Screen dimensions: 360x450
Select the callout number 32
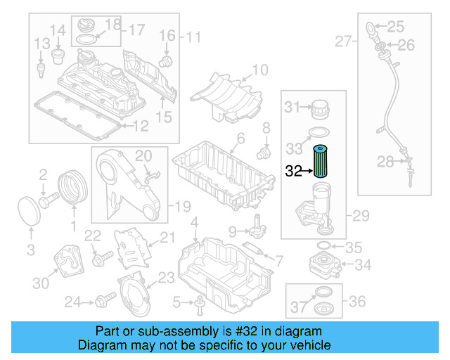(292, 170)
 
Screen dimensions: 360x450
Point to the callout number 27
(343, 42)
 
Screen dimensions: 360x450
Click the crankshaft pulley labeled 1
(70, 188)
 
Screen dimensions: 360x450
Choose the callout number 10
(260, 70)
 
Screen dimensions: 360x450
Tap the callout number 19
(183, 207)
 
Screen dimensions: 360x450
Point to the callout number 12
(141, 127)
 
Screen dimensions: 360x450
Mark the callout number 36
(358, 301)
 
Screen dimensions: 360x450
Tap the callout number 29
(361, 215)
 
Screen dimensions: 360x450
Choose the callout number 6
(240, 139)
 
